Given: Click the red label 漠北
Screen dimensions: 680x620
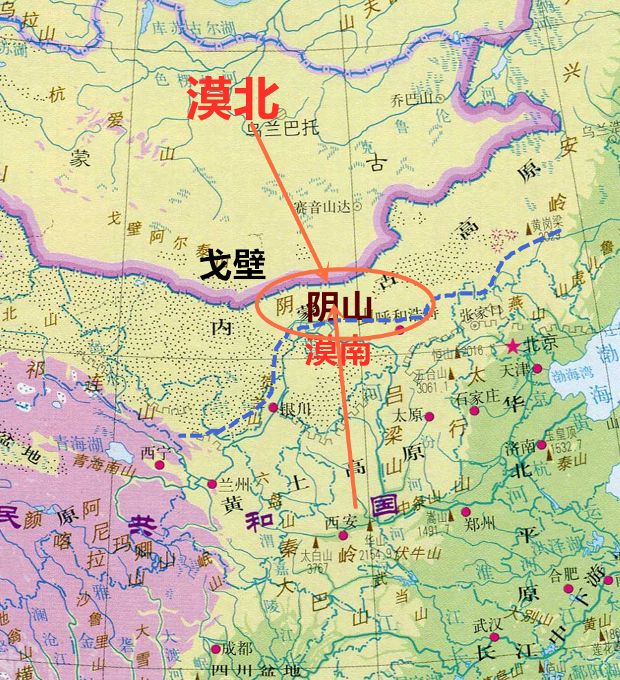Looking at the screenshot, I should point(234,99).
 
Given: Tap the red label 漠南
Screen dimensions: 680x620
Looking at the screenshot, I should point(339,352).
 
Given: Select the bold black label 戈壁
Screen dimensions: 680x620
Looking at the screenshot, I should point(233,265).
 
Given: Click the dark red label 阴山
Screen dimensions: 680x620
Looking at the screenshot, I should point(339,307).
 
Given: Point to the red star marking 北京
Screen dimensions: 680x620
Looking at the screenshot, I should point(513,345).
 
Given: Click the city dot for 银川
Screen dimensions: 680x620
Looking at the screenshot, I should point(273,407).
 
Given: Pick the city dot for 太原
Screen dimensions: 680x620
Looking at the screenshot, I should point(430,417).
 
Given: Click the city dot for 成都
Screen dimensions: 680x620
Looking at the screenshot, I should point(216,649).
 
